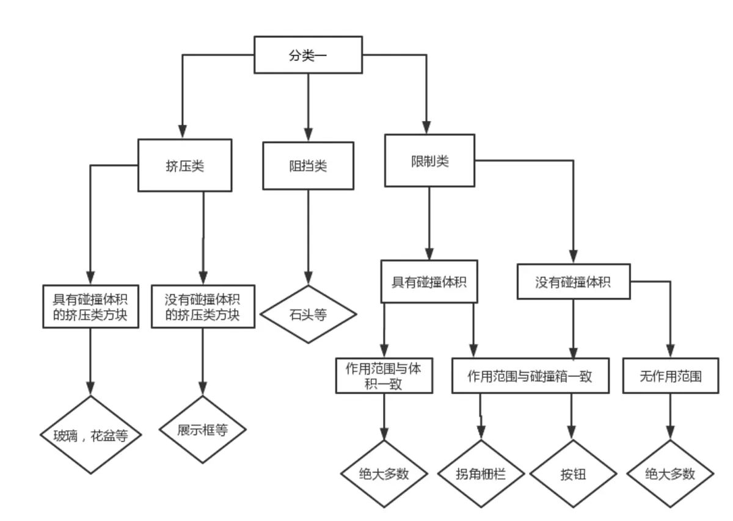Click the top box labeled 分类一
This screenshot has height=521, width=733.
pos(308,54)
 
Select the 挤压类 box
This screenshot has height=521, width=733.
pos(185,166)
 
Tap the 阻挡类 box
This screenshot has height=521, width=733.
pos(308,166)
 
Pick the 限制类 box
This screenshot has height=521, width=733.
pos(429,161)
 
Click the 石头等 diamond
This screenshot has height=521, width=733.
pos(308,314)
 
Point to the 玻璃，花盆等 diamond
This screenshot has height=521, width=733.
pos(90,435)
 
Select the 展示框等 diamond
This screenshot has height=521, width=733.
pos(203,429)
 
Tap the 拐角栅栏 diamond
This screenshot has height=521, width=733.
pos(481,473)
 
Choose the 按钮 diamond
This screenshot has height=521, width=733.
pos(573,473)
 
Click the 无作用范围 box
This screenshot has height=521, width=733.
pos(671,376)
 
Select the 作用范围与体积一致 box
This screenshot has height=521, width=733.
pos(384,376)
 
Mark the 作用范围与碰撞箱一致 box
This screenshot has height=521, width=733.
pos(530,376)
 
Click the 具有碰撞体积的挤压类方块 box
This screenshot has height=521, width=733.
pos(90,307)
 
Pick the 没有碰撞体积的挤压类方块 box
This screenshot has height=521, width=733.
pos(203,307)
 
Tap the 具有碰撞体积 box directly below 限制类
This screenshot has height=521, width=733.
pos(429,282)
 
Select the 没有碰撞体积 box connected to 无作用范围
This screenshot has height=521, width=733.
pos(574,282)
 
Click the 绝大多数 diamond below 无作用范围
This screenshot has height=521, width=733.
pos(670,473)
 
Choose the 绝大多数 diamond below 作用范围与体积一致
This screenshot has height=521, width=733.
pos(384,473)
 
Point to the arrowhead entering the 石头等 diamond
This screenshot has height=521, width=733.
pos(308,278)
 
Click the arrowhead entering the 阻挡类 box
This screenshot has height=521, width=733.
pos(308,134)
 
